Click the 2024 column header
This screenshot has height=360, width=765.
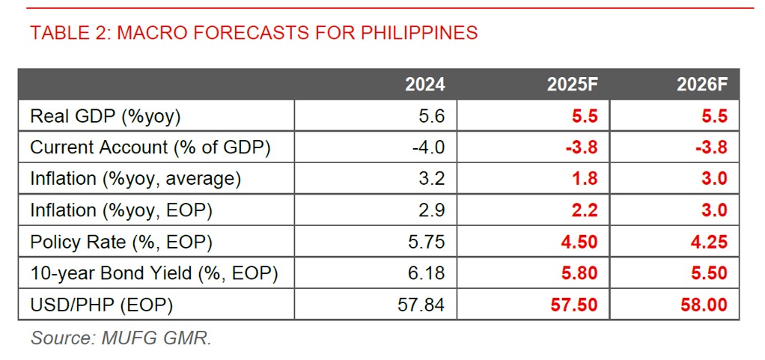click(x=424, y=85)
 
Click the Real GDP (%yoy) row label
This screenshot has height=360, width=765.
click(x=106, y=116)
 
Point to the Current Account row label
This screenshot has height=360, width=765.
click(x=150, y=147)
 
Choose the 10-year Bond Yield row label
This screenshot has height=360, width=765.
click(x=153, y=273)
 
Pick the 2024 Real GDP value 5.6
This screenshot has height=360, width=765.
click(x=433, y=116)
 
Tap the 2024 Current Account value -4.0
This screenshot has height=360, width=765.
click(x=429, y=147)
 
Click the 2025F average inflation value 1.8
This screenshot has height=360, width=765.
click(x=585, y=179)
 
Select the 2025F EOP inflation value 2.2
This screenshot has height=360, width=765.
click(x=585, y=210)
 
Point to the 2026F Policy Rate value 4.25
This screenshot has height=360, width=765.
click(x=708, y=242)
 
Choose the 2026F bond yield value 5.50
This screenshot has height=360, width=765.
click(x=708, y=273)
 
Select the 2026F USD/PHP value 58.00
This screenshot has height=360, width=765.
click(x=703, y=305)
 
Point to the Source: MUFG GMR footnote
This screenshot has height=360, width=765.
click(x=121, y=338)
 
